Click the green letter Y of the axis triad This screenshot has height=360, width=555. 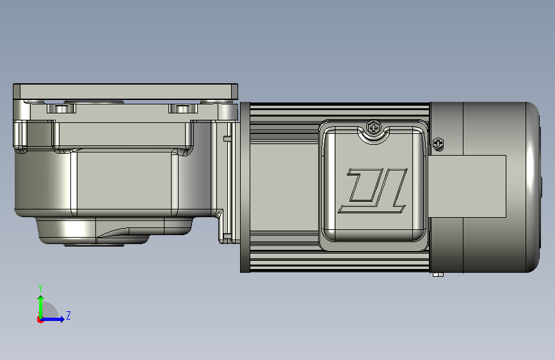(40, 288)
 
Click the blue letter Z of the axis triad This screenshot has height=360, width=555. (68, 315)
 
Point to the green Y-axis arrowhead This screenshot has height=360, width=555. (41, 299)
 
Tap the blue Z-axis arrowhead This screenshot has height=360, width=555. (62, 319)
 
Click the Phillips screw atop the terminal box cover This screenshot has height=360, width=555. (373, 127)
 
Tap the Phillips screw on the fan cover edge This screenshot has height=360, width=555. (438, 144)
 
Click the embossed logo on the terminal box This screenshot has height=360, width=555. (373, 191)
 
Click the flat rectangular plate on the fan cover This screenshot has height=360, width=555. (467, 186)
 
